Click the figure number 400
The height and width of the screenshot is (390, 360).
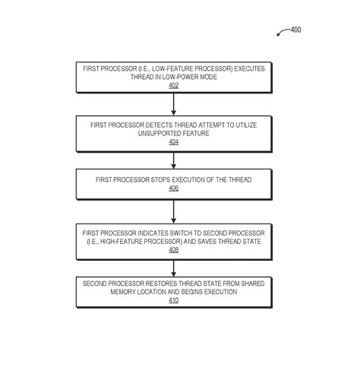(x=295, y=30)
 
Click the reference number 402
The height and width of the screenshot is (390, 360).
(x=173, y=86)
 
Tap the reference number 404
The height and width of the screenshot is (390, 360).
(x=173, y=141)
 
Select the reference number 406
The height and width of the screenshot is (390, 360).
(x=173, y=188)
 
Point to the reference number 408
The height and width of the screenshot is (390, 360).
(x=173, y=249)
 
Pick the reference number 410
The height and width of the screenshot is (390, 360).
(x=173, y=300)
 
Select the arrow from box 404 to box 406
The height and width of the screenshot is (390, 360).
(x=173, y=160)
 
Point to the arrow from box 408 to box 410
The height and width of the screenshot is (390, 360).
(x=173, y=268)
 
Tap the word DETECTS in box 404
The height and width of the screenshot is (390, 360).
(x=141, y=125)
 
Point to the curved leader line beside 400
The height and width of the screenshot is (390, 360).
(x=282, y=33)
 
